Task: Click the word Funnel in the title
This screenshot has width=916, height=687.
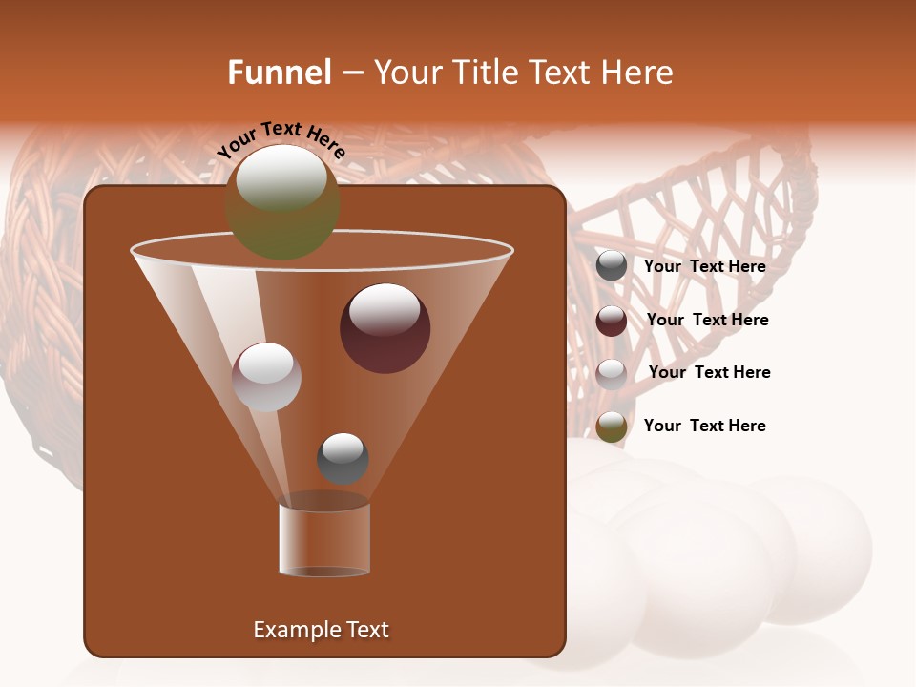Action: tap(279, 73)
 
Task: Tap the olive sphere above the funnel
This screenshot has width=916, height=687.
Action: tap(282, 201)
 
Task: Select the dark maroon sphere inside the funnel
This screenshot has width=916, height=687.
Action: tap(385, 327)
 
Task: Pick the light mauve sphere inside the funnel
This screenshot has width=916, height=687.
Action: tap(266, 377)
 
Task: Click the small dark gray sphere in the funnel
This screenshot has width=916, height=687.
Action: tap(343, 458)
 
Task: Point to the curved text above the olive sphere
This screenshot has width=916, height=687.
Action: tap(281, 139)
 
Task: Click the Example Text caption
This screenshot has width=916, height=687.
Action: tap(321, 630)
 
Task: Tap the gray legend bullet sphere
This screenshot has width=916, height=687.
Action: tap(612, 266)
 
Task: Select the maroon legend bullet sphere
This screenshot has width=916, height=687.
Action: tap(612, 321)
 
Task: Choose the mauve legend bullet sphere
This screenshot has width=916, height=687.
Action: tap(612, 373)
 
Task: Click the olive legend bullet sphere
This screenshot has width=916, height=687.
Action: tap(612, 427)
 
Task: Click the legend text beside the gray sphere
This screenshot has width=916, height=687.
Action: tap(704, 267)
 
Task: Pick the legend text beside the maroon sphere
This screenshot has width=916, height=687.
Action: tap(707, 320)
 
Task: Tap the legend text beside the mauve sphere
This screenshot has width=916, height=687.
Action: tap(709, 372)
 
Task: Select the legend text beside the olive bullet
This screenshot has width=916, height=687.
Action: tap(704, 426)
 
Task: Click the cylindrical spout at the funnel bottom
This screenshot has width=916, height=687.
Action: tap(324, 539)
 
